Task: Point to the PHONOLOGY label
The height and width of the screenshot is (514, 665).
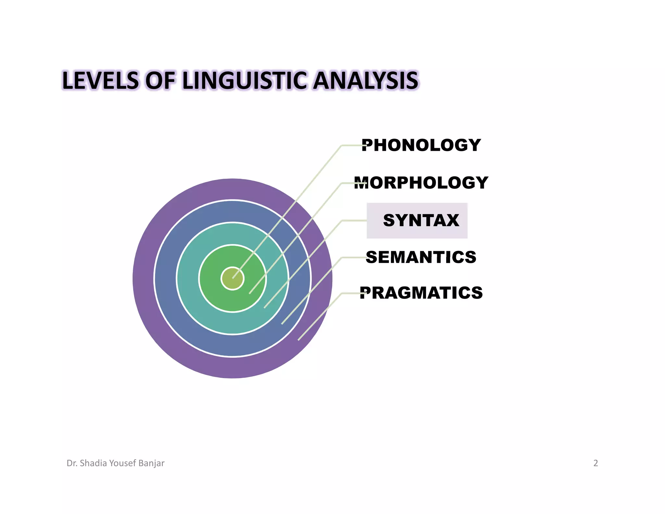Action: [x=421, y=145]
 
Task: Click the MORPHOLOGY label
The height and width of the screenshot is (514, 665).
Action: [x=421, y=183]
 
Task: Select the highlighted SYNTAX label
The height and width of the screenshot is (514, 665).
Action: [x=421, y=220]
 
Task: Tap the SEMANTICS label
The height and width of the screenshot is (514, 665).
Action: [x=421, y=257]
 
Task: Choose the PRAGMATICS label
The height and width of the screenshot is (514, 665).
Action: [x=421, y=293]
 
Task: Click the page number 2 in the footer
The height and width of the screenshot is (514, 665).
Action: [x=596, y=463]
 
